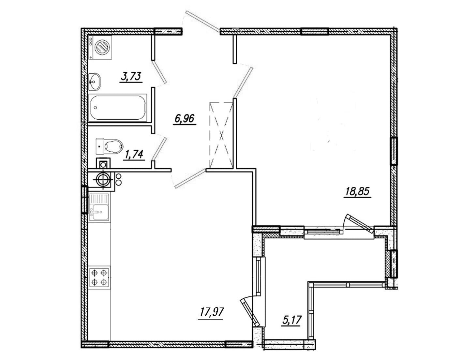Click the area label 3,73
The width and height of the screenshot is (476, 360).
pos(131,77)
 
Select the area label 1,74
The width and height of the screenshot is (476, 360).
pos(134,155)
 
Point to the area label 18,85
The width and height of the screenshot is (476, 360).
pos(357,192)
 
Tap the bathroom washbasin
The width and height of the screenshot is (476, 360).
pos(95,82)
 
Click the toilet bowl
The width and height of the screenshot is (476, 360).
pos(110,145)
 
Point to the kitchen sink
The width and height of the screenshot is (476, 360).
pos(99,207)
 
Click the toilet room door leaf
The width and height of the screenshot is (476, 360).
pos(159,149)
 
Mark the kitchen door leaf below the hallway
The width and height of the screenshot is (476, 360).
pos(190,178)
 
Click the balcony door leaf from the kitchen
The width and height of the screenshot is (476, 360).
pos(250,312)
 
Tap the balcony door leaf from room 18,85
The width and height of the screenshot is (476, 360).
pos(360,224)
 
